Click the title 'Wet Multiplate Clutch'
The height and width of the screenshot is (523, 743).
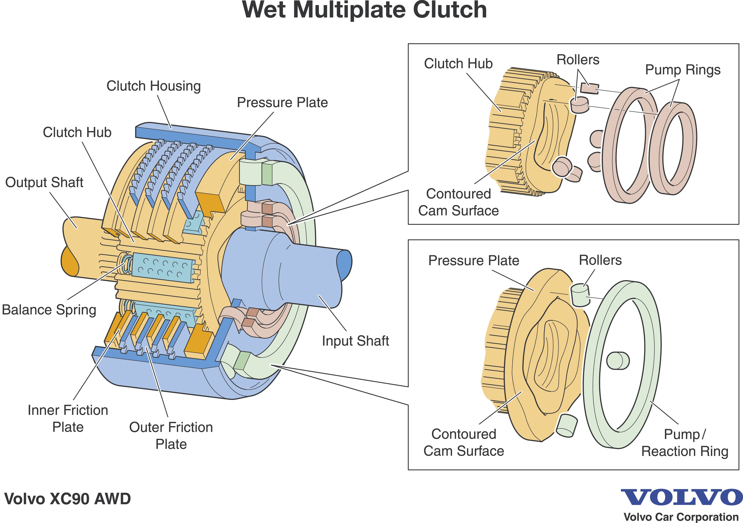point(364,10)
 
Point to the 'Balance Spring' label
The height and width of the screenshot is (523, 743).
point(49,310)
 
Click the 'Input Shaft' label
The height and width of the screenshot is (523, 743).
point(355,341)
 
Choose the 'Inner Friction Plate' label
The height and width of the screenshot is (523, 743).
point(68,419)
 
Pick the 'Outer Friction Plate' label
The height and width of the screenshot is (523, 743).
point(171,436)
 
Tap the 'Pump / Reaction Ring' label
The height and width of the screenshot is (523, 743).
point(685,443)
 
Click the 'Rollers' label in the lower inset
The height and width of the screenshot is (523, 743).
point(600,260)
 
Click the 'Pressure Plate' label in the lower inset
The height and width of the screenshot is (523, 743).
point(474,260)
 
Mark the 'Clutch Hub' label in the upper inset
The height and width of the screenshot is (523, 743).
point(458,64)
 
